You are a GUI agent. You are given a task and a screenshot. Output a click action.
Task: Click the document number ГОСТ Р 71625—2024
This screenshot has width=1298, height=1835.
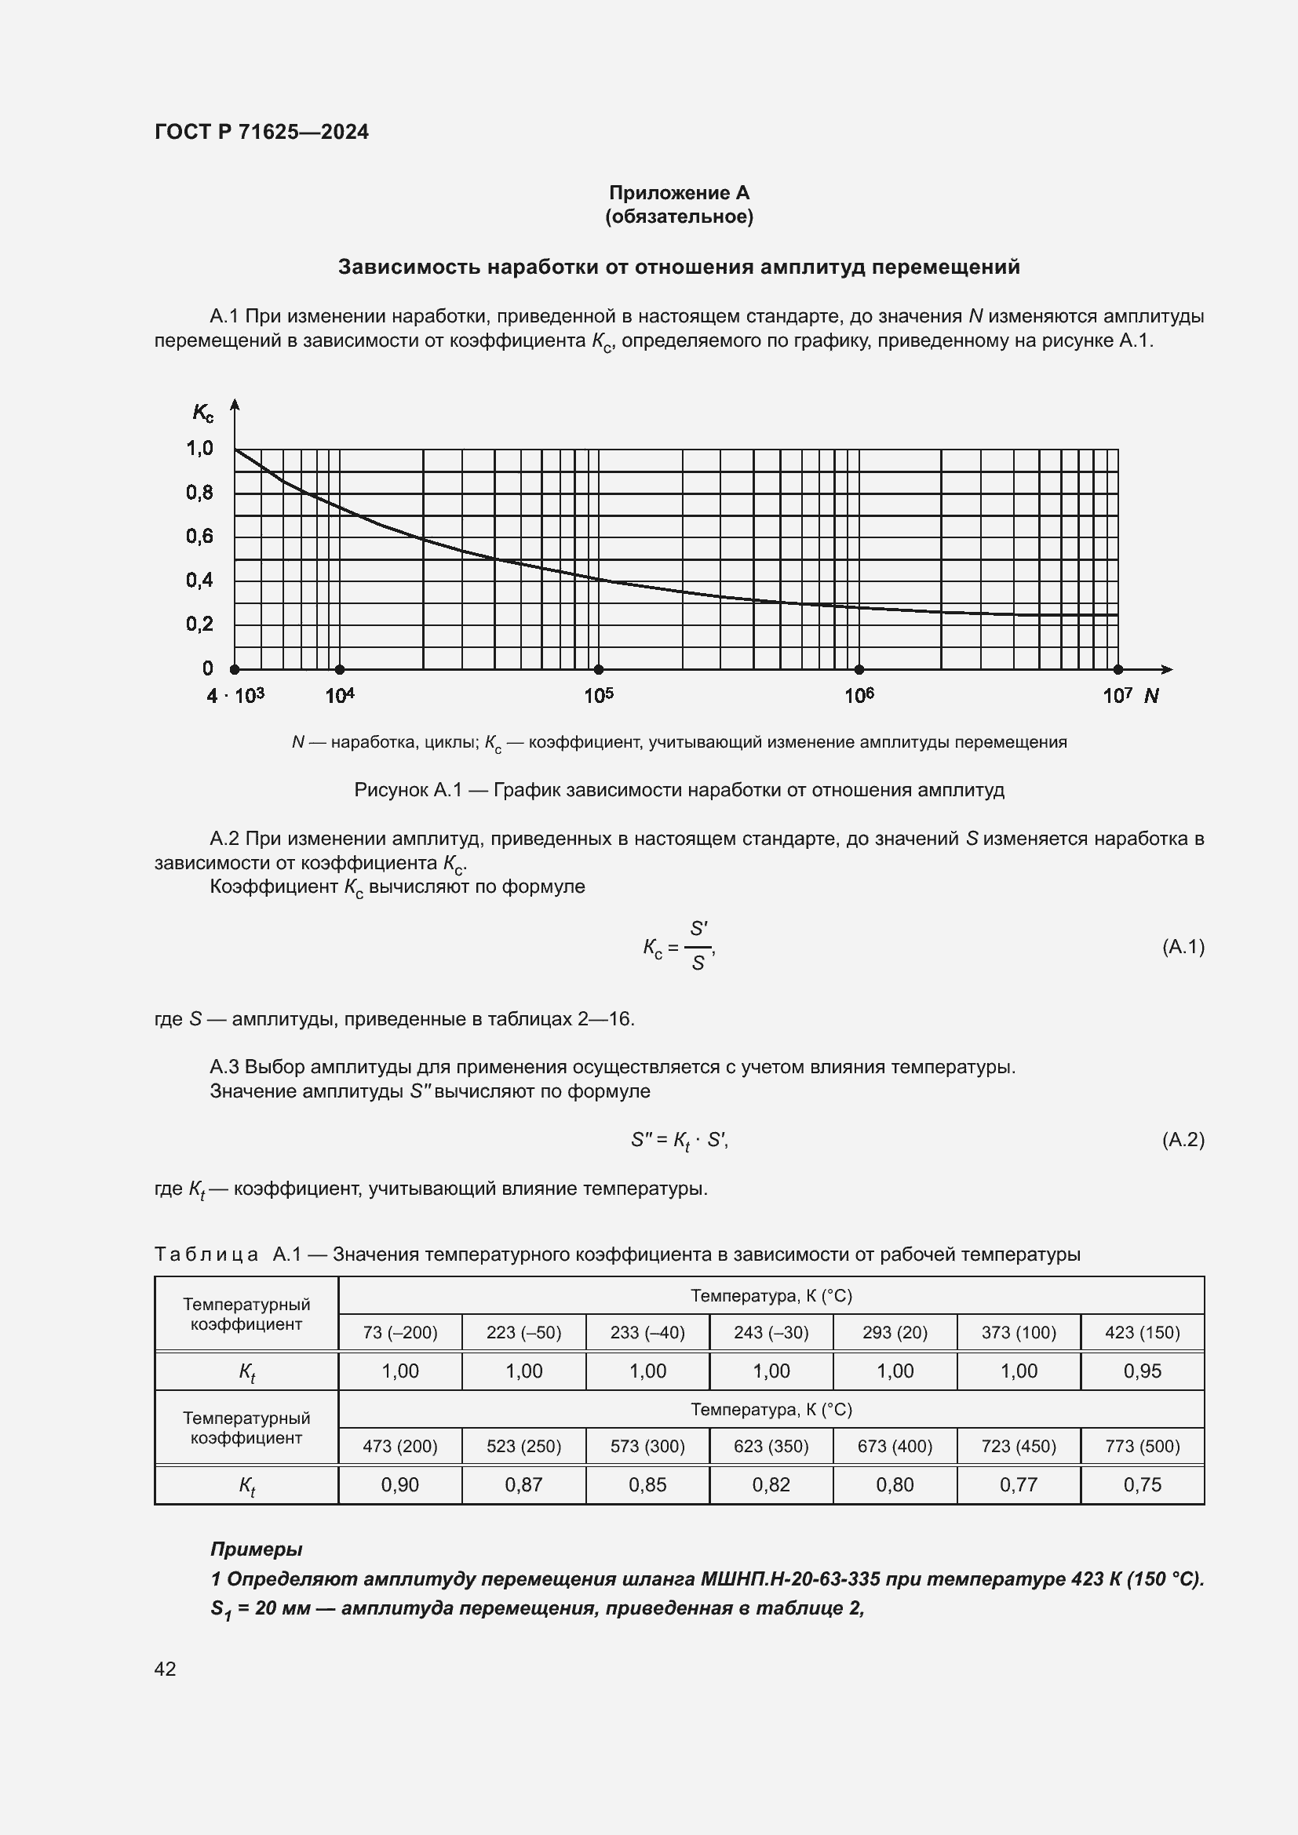[261, 132]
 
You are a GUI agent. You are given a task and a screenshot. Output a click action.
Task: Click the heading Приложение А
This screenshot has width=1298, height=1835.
[679, 193]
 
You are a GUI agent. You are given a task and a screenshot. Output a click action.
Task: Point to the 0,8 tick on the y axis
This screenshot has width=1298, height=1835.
[200, 493]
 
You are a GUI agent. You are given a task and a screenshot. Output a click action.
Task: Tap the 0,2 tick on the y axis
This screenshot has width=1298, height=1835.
[200, 624]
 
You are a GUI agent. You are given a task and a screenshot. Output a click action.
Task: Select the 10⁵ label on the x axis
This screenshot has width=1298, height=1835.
[599, 695]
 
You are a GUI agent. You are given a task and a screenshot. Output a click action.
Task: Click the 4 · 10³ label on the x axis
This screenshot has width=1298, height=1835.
[235, 695]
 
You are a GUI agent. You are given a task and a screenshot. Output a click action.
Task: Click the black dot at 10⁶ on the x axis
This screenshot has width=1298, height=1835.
[859, 669]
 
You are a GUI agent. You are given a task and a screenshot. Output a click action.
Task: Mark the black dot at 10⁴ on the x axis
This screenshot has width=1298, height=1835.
[340, 669]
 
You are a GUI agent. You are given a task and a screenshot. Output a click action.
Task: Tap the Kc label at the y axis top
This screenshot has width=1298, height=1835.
[202, 413]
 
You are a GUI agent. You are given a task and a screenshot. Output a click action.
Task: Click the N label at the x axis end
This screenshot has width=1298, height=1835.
[1151, 695]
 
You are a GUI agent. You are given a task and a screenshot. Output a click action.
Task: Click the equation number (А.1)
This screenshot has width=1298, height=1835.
[1182, 947]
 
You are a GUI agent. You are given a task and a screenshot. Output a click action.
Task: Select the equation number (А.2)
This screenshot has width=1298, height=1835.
[1182, 1139]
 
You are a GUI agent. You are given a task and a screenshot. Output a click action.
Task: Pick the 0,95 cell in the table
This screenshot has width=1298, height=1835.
[1142, 1371]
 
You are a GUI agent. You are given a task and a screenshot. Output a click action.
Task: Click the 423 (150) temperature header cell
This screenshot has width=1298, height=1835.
[1142, 1332]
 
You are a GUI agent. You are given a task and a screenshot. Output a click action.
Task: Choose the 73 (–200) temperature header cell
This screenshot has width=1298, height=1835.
[399, 1332]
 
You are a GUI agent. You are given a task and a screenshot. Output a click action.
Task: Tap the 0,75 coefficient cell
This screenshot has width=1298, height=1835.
[1142, 1485]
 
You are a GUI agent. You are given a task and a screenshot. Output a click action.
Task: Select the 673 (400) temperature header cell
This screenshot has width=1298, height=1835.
[895, 1446]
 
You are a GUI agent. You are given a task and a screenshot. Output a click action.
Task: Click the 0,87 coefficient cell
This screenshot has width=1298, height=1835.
[523, 1485]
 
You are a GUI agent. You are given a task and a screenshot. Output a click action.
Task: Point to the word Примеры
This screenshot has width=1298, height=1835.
[256, 1549]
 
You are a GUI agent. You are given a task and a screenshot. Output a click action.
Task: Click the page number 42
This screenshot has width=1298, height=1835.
[166, 1669]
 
